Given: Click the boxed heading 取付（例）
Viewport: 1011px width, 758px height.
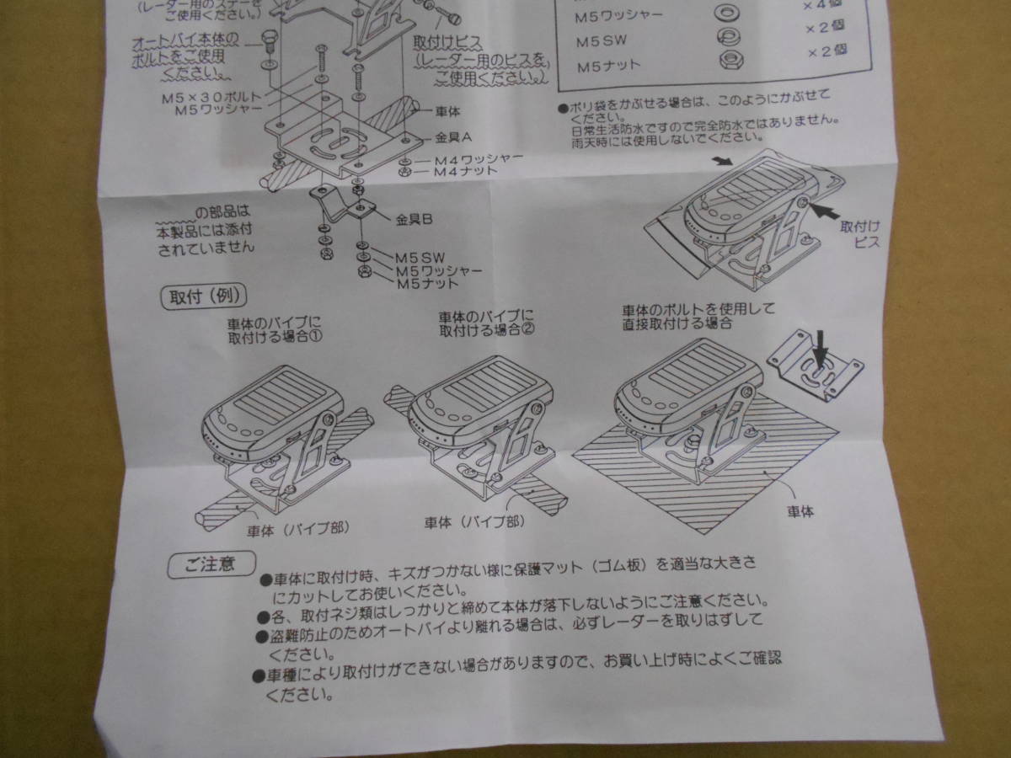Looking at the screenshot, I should tap(201, 296).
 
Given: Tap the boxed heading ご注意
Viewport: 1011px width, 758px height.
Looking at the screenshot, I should tap(204, 563).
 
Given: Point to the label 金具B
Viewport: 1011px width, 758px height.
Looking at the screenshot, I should tap(415, 221).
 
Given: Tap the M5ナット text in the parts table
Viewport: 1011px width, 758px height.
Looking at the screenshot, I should tap(607, 64).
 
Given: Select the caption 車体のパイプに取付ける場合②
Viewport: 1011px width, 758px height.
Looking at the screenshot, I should tap(486, 323).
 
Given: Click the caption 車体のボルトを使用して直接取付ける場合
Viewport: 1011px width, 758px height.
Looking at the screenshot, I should tap(697, 316).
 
